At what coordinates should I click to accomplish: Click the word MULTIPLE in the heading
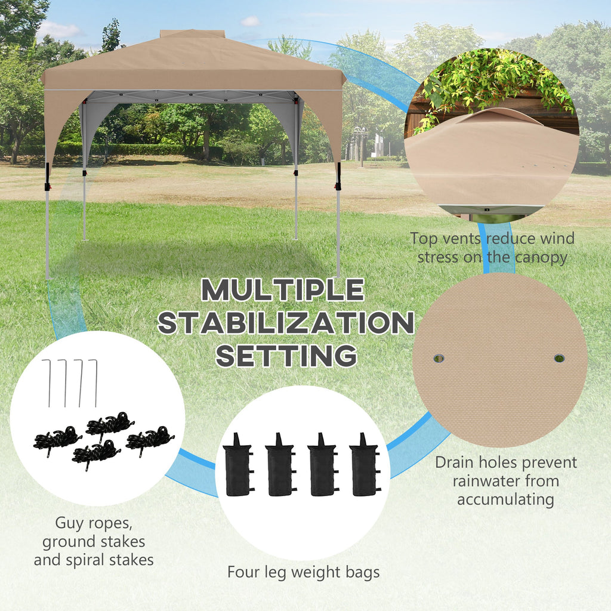tap(282, 290)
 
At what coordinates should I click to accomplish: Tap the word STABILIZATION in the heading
tap(286, 323)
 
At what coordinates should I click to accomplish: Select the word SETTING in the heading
tap(286, 356)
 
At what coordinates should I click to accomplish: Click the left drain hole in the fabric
tap(439, 358)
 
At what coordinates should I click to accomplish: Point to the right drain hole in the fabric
tap(559, 358)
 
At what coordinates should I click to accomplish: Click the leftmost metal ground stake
tap(48, 383)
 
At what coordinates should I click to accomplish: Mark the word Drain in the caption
tap(454, 462)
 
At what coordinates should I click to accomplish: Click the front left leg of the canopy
tap(48, 220)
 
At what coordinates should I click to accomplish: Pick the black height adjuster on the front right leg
tap(339, 176)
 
